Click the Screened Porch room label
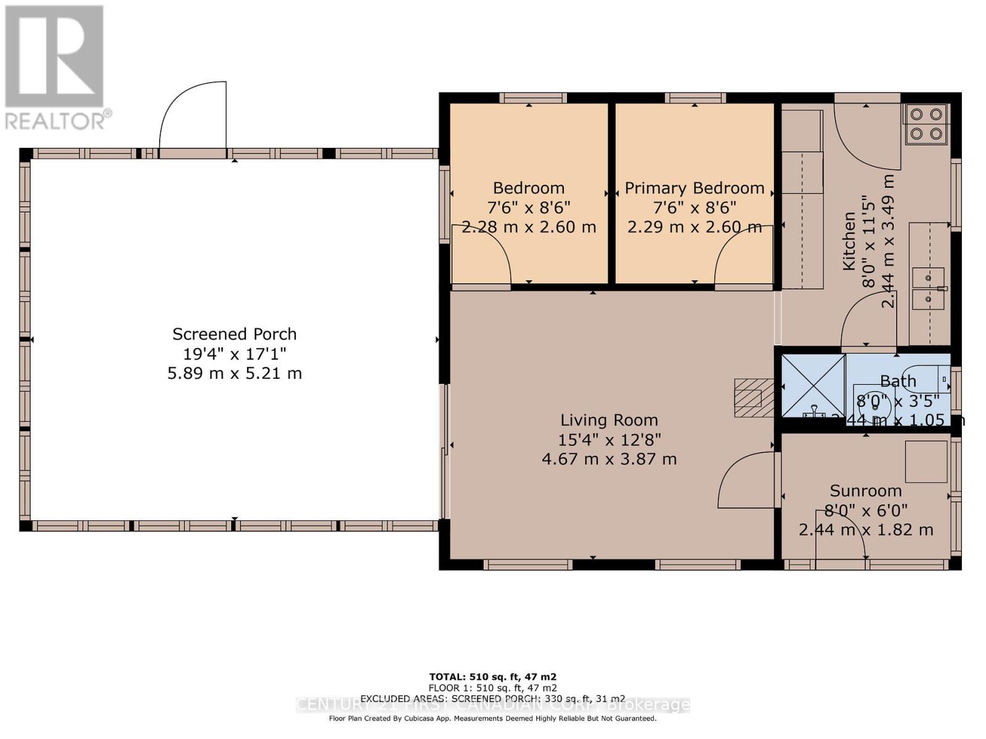(234, 334)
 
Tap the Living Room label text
(609, 421)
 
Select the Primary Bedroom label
(695, 188)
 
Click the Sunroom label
(865, 491)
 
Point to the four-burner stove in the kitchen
(926, 124)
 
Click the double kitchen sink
(929, 288)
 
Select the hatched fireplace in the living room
(753, 398)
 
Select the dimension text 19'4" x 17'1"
(234, 354)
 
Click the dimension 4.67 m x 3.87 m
(609, 459)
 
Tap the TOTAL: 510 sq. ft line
(492, 677)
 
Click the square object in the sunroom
(926, 461)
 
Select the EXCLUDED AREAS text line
(492, 698)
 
